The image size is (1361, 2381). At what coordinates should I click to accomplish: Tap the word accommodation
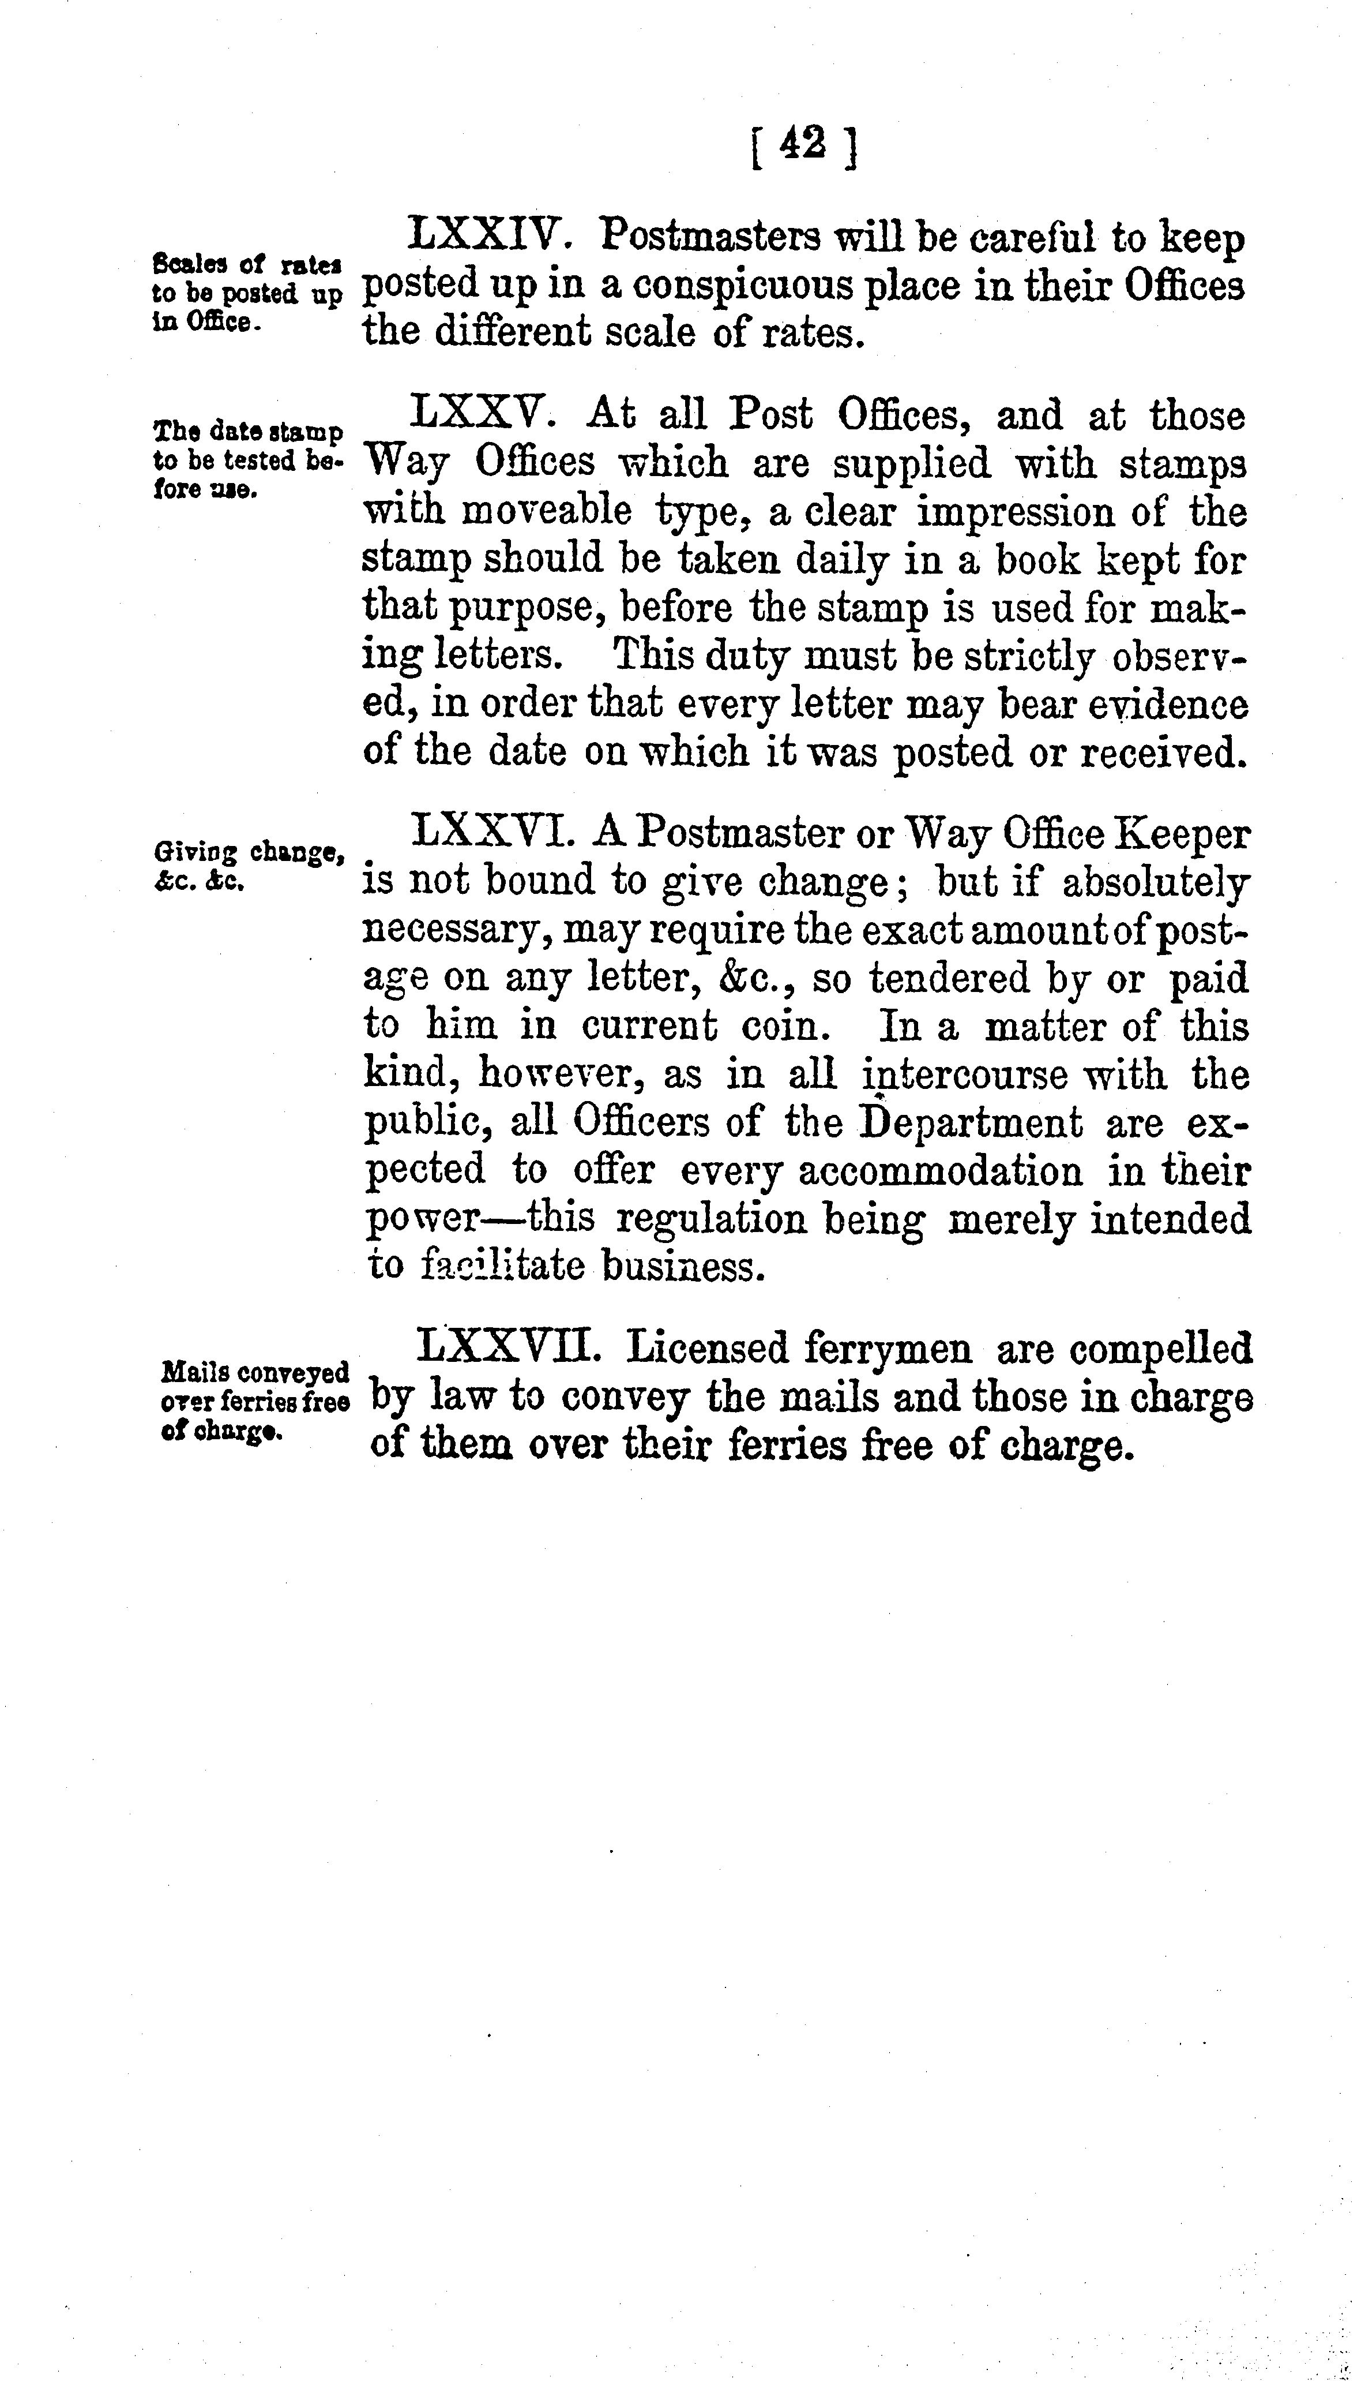tap(941, 1171)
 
